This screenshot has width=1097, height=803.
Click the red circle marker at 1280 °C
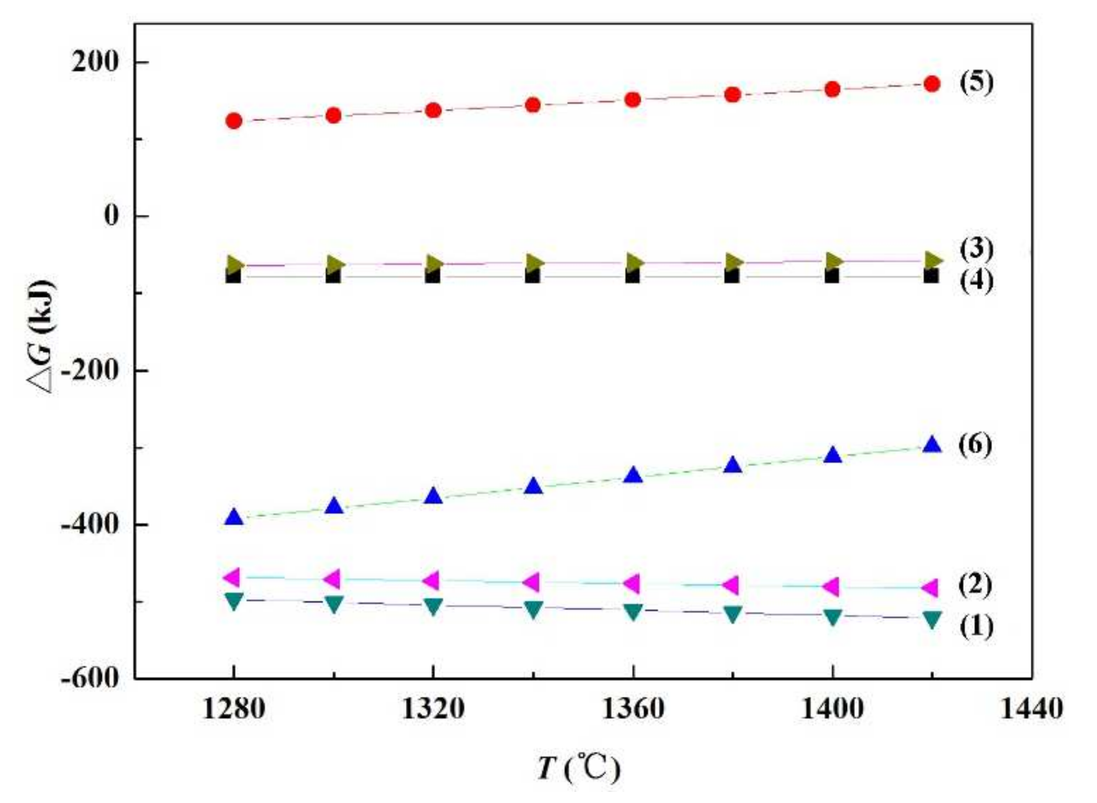234,121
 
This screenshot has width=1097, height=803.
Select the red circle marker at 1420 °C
932,84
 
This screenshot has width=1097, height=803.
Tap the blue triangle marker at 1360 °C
633,476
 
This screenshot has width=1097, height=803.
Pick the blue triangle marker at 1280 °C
234,518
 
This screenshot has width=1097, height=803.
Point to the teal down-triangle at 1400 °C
832,617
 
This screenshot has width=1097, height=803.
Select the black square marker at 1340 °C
532,275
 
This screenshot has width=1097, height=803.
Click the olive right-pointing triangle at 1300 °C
335,264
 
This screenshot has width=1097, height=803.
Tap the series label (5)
976,83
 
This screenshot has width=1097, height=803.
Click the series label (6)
976,444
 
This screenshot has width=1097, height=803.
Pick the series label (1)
976,627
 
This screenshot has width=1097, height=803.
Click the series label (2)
976,585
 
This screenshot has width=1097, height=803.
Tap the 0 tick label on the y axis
112,216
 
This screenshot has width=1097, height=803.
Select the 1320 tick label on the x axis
433,710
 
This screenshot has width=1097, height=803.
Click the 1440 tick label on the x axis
1031,710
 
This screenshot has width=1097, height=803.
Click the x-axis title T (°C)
579,769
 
